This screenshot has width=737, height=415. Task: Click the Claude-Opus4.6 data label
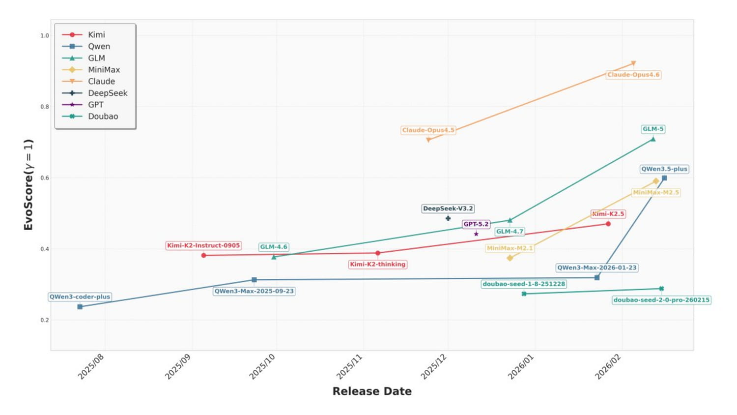[x=633, y=75]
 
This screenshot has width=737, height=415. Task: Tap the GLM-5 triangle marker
[x=653, y=139]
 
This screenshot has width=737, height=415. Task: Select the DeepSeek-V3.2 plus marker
[x=448, y=218]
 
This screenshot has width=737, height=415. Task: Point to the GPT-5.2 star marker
[x=476, y=234]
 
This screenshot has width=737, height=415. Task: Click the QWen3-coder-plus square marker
[x=80, y=307]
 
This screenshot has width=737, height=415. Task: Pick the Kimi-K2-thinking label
[x=378, y=265]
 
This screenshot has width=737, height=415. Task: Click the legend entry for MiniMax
[x=104, y=70]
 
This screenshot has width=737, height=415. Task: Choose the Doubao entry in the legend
[x=103, y=117]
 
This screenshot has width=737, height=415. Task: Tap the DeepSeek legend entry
[x=108, y=93]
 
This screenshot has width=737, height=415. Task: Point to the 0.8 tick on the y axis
[x=45, y=107]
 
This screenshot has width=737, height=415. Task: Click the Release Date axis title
[x=372, y=391]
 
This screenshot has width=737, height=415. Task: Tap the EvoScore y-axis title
[x=28, y=185]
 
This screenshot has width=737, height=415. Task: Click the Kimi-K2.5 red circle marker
[x=608, y=224]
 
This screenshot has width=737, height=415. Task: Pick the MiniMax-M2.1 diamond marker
[x=510, y=258]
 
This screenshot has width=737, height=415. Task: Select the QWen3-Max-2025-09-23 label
[x=254, y=291]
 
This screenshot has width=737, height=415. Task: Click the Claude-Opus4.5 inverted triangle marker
[x=428, y=140]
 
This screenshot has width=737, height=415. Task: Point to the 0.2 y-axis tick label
[x=45, y=320]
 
